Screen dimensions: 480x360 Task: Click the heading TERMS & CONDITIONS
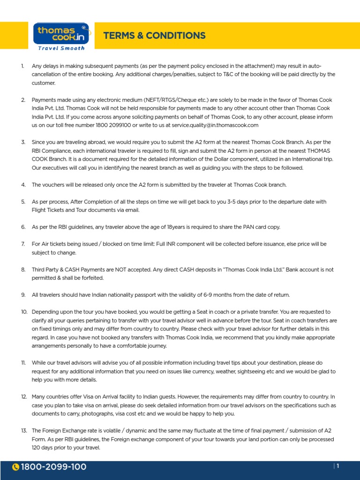pos(154,36)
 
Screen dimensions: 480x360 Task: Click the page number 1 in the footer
pos(337,466)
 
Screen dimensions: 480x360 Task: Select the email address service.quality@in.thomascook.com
pos(215,125)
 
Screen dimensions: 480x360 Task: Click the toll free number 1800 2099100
pos(120,125)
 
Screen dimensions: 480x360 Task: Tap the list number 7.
pos(23,244)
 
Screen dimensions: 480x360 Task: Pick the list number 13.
pos(23,430)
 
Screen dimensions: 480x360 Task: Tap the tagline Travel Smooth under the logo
pos(61,48)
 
